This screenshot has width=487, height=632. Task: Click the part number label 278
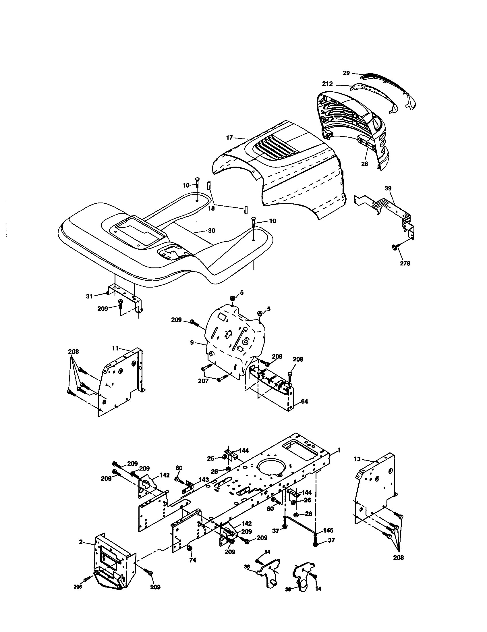[405, 263]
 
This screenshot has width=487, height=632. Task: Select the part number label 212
[327, 84]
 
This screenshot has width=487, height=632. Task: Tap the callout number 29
[346, 73]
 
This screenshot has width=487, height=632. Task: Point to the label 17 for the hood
[229, 138]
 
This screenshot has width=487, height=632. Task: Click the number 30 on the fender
[211, 231]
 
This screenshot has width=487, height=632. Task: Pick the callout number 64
[304, 401]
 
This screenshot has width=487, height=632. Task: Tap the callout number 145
[328, 530]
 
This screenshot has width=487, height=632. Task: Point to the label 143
[204, 480]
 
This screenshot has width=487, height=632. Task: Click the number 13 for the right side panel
[357, 459]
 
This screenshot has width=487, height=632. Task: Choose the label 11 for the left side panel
[115, 348]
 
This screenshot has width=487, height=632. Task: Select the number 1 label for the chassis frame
[339, 450]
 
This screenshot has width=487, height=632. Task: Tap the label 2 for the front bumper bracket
[81, 542]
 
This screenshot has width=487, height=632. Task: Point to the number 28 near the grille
[365, 163]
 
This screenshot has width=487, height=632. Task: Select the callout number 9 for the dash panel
[192, 343]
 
